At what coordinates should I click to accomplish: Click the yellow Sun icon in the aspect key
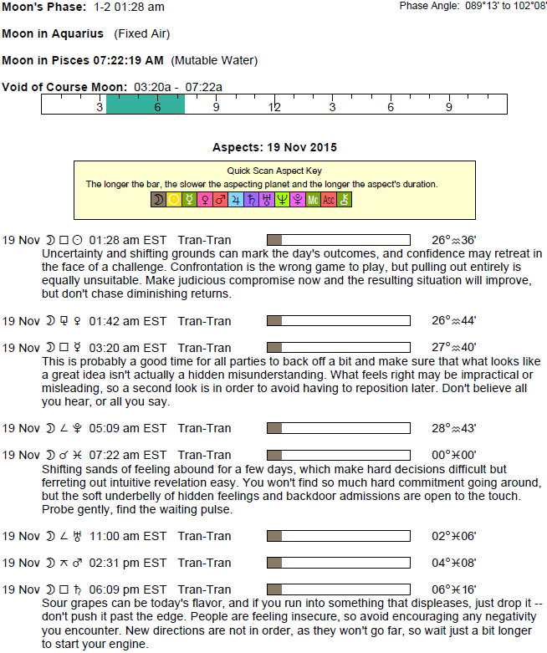(x=174, y=200)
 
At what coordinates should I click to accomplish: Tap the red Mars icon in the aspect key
(x=221, y=200)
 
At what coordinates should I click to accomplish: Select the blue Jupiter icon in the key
(x=237, y=200)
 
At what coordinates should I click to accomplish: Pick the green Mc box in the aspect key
(x=313, y=200)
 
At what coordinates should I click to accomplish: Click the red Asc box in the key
(x=329, y=200)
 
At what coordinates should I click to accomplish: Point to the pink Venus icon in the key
(x=205, y=200)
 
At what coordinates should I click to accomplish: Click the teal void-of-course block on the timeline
(x=146, y=105)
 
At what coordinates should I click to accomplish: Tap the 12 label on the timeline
(x=274, y=107)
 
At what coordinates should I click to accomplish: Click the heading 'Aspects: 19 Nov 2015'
(x=274, y=147)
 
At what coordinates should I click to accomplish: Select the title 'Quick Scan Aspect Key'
(x=274, y=171)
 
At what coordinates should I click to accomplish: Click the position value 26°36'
(x=454, y=240)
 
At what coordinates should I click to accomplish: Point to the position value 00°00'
(x=454, y=455)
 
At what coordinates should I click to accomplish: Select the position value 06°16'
(x=454, y=589)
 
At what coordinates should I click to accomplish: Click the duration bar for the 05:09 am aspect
(x=338, y=428)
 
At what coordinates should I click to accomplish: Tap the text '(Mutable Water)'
(x=214, y=60)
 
